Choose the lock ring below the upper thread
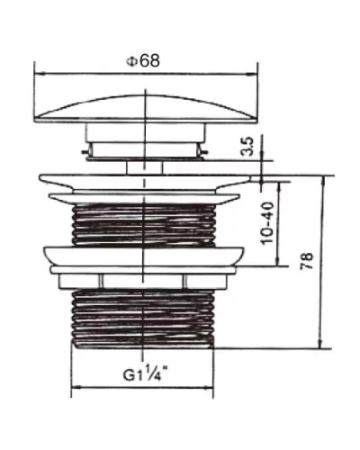144,256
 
